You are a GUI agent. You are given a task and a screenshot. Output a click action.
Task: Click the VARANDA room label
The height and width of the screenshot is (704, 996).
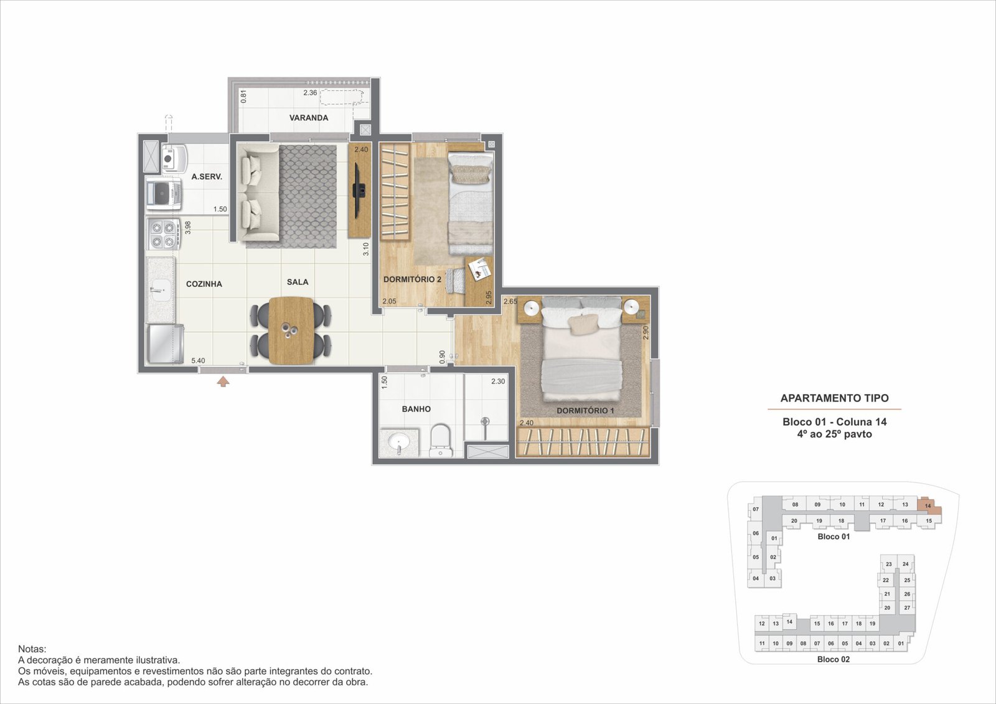tap(309, 118)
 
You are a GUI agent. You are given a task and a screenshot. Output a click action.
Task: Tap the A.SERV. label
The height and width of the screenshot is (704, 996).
tap(207, 177)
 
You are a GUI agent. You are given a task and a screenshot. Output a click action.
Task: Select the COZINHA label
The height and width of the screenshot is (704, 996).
tap(204, 284)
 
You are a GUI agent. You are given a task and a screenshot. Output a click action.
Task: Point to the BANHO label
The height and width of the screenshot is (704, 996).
tap(416, 409)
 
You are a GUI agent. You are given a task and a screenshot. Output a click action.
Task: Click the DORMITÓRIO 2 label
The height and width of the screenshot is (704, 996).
tap(412, 279)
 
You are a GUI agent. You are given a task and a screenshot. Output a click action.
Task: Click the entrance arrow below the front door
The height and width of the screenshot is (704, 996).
tap(223, 382)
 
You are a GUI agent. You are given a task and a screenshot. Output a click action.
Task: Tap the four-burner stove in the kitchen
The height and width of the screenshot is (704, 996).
tap(163, 235)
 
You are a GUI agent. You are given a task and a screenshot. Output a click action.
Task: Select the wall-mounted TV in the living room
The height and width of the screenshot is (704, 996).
tap(359, 190)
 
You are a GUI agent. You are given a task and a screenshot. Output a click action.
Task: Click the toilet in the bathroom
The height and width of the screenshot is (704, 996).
tap(441, 441)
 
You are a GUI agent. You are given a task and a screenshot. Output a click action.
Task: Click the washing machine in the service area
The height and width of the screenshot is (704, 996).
tap(164, 194)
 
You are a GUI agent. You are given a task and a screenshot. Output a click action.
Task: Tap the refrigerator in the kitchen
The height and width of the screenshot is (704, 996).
tap(166, 344)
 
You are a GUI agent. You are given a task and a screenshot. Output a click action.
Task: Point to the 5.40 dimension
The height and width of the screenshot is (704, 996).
tap(199, 360)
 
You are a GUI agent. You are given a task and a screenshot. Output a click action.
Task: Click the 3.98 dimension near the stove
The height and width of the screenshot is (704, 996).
tap(187, 228)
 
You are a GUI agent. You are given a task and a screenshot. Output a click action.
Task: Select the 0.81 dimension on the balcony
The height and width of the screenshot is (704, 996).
tap(243, 96)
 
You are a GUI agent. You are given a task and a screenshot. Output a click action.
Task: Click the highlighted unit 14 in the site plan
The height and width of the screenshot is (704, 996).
tap(929, 506)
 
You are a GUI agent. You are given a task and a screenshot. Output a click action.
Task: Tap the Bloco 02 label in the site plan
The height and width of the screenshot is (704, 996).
tap(834, 660)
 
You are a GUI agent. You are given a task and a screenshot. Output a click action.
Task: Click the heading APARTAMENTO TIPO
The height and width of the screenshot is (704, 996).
tap(835, 398)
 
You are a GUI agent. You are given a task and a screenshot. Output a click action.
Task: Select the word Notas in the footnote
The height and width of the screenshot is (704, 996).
tap(32, 649)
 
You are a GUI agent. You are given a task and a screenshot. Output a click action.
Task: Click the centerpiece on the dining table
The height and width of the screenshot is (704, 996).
tap(291, 331)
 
